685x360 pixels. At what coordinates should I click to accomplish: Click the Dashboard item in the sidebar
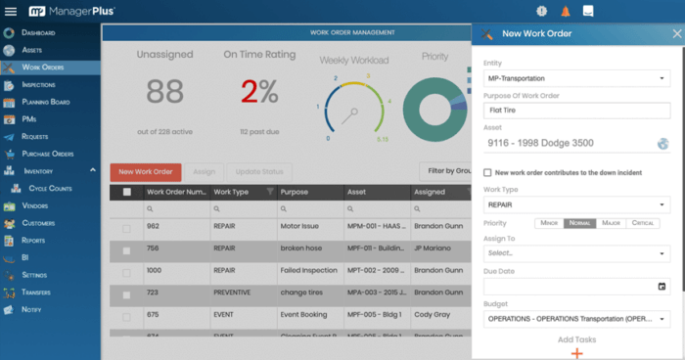coord(38,33)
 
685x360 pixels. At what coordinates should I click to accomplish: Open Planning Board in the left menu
coord(46,101)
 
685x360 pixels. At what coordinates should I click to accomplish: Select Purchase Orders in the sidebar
coord(47,154)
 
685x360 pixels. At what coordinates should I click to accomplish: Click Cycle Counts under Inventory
coord(51,188)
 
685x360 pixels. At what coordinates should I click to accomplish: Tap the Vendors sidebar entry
coord(34,205)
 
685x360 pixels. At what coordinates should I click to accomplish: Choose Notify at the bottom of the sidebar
coord(31,309)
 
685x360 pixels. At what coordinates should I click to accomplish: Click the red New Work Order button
coord(146,171)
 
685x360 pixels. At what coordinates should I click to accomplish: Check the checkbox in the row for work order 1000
coord(126,271)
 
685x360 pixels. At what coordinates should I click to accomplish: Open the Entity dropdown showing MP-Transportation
coord(576,77)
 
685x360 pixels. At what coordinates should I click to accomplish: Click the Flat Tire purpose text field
coord(576,111)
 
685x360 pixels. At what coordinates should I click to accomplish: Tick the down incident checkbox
coord(488,172)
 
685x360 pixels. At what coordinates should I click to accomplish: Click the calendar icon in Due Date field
coord(662,286)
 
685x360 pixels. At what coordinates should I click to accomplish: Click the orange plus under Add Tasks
coord(576,352)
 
